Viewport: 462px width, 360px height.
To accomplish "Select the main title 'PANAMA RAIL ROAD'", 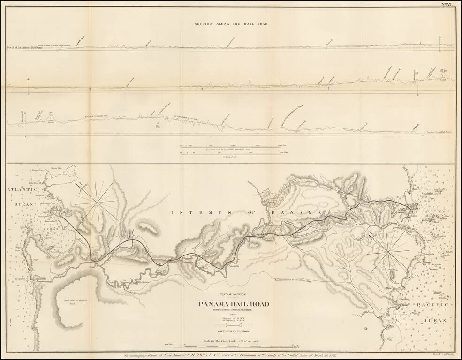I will tap(234, 304).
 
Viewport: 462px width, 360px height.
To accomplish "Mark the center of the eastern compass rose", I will tap(388, 254).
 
